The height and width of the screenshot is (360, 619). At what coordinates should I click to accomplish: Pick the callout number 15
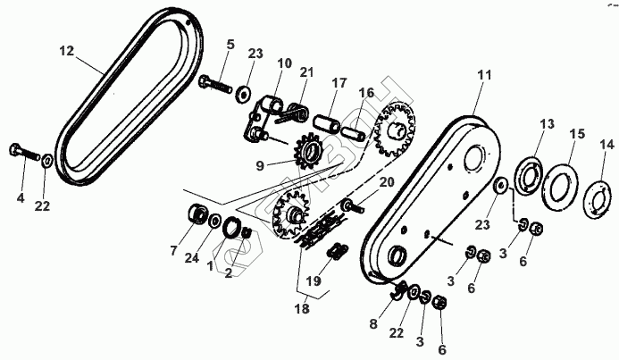coord(578,133)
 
